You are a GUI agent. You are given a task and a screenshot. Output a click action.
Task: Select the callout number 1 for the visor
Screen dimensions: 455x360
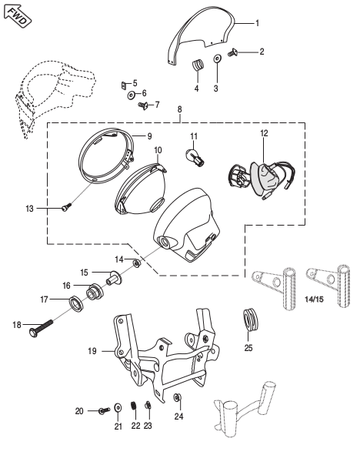click(258, 23)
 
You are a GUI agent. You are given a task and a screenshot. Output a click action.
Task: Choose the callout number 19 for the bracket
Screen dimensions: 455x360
click(92, 350)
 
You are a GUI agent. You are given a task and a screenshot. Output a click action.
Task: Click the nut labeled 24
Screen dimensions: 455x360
click(178, 398)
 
